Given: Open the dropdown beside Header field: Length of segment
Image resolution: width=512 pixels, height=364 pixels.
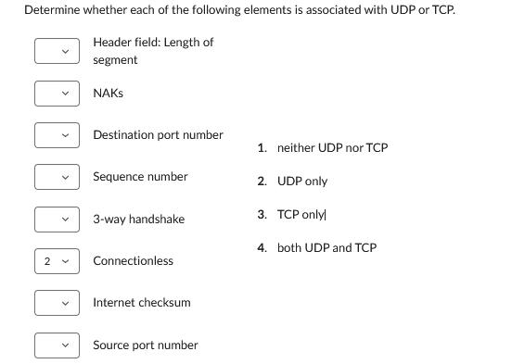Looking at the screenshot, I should coord(57,51).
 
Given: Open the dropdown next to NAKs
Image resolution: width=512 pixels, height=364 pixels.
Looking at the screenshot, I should coord(57,94).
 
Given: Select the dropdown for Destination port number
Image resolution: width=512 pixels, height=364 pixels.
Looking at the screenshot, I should coord(57,135).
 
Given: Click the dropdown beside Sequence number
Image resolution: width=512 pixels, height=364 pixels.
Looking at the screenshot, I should coord(57,176).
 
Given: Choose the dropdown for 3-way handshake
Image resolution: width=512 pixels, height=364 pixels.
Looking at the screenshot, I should coord(57,220).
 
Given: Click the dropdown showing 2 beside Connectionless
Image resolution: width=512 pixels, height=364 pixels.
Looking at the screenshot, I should coord(57,261).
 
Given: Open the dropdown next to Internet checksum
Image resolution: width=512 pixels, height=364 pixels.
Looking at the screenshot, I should coord(57,303).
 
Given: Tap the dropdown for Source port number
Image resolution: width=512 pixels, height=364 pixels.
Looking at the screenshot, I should coord(57,345).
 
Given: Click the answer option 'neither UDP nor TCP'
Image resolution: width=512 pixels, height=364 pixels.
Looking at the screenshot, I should coord(332,148).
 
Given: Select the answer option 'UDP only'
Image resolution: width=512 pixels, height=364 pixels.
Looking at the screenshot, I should coord(301,182).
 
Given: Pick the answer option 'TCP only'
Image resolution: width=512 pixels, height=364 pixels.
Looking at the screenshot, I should coord(300,215).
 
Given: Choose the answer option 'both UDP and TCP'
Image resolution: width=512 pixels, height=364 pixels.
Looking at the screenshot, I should coord(326,248).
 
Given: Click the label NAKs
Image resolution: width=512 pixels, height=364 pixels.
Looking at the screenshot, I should coord(108,94).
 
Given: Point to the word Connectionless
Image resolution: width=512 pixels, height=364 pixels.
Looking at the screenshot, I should coord(133,261).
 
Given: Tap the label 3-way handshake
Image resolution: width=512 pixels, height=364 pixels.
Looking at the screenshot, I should coord(138,220).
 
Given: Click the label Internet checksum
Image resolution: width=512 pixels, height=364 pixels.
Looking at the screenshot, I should coord(142,303).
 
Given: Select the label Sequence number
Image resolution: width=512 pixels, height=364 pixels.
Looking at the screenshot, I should coord(140,176).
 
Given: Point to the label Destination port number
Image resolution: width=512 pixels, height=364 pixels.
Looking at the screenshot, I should coord(158,135).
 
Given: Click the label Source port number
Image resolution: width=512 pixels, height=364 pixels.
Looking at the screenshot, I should coord(145,345).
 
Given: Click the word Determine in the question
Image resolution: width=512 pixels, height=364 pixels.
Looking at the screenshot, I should coord(50,10).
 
